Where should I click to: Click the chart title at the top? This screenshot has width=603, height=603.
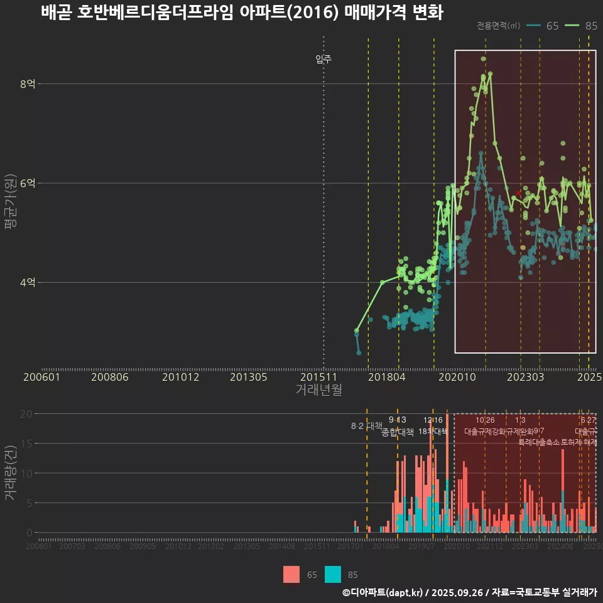point(242,13)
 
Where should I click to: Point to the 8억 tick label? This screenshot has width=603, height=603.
point(28,84)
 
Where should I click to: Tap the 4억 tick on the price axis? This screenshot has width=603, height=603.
point(28,283)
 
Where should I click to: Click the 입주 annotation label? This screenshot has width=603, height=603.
point(323,60)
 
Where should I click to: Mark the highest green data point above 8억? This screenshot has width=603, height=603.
point(483,59)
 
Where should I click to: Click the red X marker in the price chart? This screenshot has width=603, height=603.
point(518,193)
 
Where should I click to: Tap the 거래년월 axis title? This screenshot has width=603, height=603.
point(318,389)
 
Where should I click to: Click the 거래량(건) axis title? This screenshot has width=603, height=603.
point(11,473)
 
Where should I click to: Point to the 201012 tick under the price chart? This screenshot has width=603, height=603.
point(180,377)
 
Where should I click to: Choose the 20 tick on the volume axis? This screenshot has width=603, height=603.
point(26,414)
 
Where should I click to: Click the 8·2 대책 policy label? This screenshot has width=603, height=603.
point(366,426)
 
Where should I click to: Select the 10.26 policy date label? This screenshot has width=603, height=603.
point(485,420)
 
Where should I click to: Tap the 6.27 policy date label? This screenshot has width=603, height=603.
point(589,420)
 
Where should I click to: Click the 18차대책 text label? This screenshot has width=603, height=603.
point(432,432)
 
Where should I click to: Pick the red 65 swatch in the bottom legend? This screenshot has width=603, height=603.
point(291,574)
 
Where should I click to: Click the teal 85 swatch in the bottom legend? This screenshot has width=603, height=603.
point(333,574)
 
